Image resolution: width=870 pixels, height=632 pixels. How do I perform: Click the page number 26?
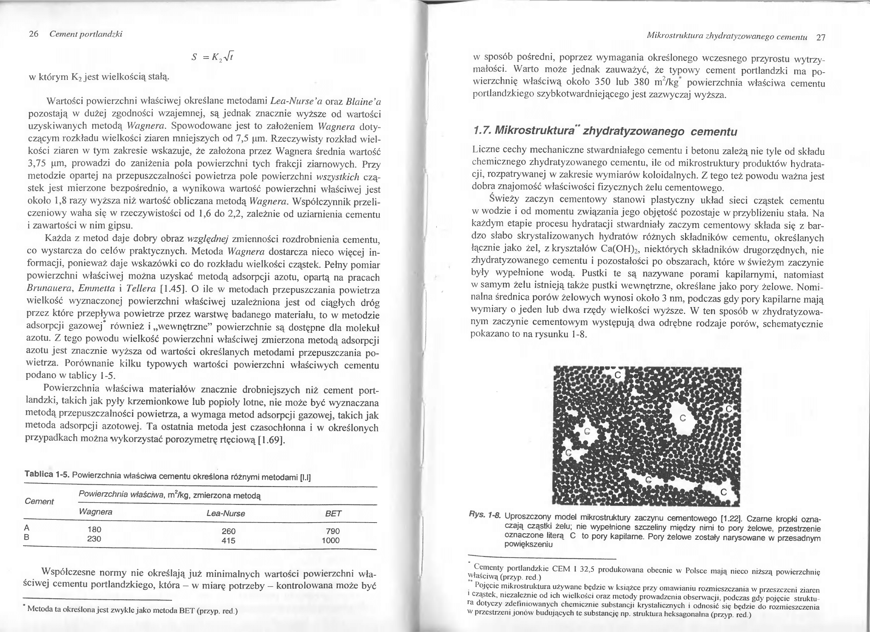(x=34, y=34)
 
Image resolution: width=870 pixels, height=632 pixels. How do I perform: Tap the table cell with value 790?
(x=333, y=531)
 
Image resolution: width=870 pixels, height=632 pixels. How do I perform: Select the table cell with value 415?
(x=229, y=541)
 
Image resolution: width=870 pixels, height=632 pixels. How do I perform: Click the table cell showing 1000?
(x=331, y=540)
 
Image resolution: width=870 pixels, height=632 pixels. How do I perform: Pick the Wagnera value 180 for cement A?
(x=94, y=530)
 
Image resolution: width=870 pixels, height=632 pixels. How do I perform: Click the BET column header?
(x=333, y=514)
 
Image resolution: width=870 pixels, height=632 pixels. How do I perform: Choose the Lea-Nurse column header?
(x=226, y=513)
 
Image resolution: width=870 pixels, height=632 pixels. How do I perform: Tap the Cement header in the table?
(x=39, y=501)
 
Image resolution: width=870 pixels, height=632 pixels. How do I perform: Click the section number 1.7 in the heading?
(x=481, y=131)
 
